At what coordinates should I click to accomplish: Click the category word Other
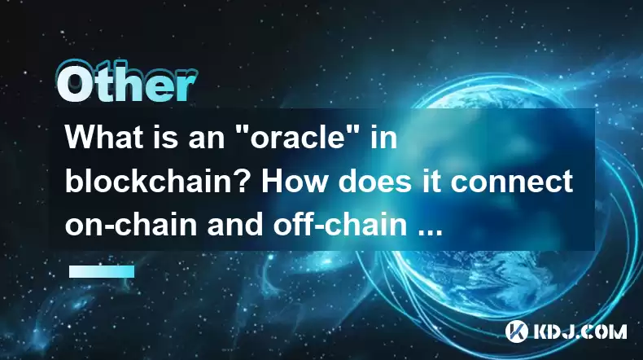(126, 82)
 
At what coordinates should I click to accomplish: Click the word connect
(511, 182)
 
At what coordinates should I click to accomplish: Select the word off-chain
(340, 225)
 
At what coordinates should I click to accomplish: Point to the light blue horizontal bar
(102, 271)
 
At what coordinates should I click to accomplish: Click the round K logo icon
(516, 331)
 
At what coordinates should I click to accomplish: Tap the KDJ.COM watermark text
(580, 331)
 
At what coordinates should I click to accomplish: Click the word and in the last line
(235, 225)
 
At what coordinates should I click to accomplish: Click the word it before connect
(431, 182)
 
